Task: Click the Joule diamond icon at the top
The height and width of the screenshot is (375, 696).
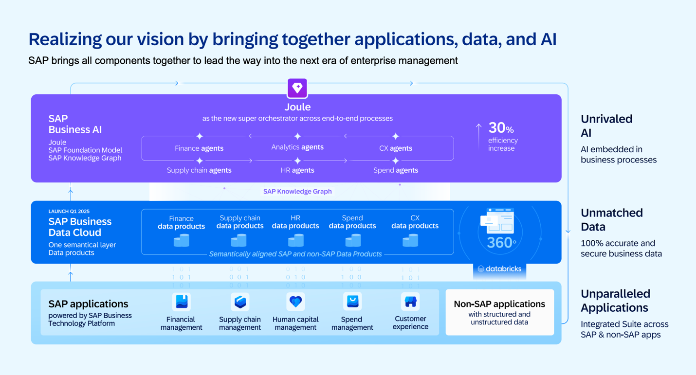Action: (297, 88)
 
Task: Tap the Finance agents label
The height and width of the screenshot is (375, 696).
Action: (199, 148)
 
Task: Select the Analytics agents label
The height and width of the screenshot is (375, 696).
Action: (297, 147)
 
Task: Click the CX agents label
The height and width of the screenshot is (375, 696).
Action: (396, 148)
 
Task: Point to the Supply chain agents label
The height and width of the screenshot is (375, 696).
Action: (199, 170)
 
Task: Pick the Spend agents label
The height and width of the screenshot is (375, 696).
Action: (396, 170)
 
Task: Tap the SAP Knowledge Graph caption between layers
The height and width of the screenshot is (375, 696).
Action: (297, 191)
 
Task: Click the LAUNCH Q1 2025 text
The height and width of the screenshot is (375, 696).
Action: (69, 212)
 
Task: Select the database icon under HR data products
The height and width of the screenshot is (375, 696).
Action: (295, 240)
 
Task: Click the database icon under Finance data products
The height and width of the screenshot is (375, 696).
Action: (182, 240)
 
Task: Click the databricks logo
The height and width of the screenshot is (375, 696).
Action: (499, 268)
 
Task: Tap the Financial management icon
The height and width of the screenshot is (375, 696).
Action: (182, 302)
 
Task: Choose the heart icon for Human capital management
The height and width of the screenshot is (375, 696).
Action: (295, 302)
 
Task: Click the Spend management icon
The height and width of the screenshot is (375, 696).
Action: (352, 302)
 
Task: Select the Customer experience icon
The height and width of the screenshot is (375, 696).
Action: (410, 302)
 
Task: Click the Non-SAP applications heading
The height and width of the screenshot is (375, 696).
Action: (499, 304)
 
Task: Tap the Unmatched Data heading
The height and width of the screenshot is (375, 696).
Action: (612, 220)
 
